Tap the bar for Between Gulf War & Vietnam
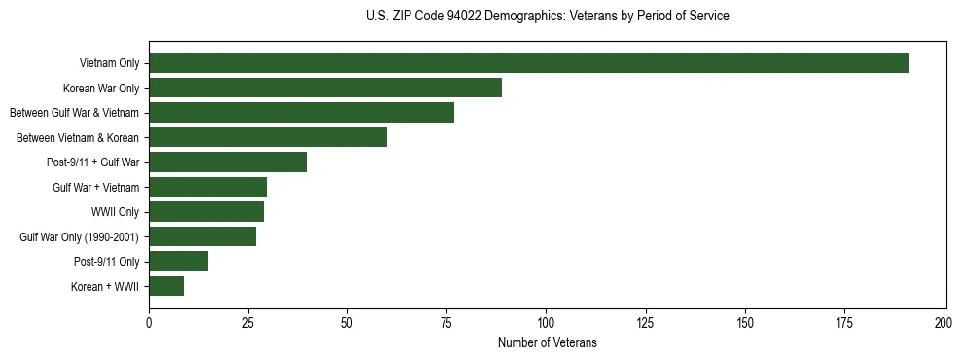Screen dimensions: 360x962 pyautogui.click(x=302, y=113)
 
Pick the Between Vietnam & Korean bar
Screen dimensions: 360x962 pyautogui.click(x=267, y=137)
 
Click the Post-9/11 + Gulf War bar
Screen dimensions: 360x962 pyautogui.click(x=228, y=162)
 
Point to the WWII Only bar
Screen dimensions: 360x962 pyautogui.click(x=206, y=212)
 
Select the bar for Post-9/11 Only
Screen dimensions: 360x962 pyautogui.click(x=178, y=262)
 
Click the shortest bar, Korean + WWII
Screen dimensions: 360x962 pyautogui.click(x=166, y=286)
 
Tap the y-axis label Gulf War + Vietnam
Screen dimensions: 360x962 pyautogui.click(x=95, y=187)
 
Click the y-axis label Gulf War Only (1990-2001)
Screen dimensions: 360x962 pyautogui.click(x=80, y=236)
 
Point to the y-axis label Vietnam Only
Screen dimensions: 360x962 pyautogui.click(x=109, y=63)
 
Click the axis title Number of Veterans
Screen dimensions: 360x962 pyautogui.click(x=547, y=343)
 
